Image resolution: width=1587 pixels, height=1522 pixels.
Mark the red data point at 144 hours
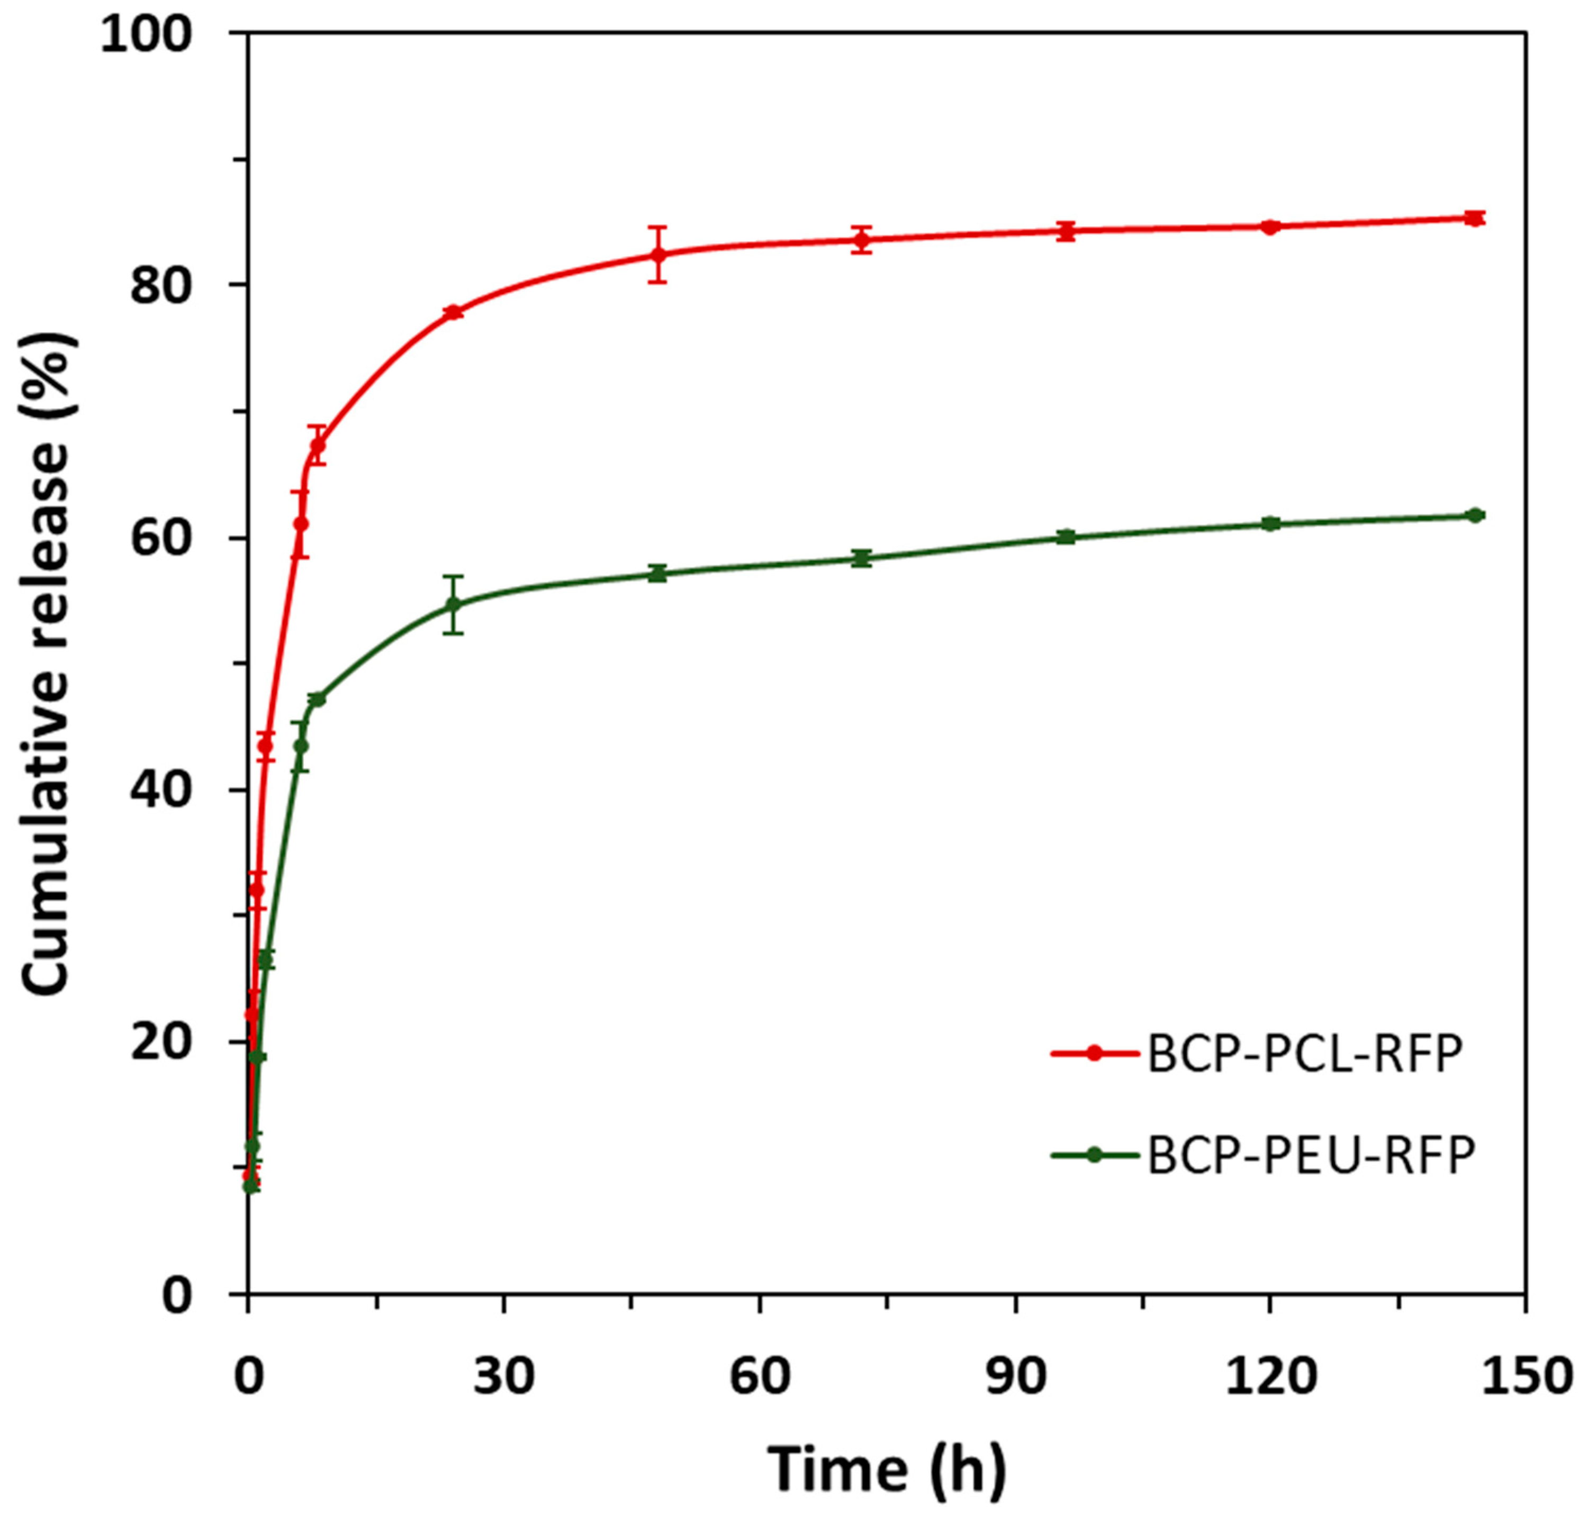click(1474, 219)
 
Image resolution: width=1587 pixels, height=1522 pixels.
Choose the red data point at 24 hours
click(454, 312)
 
